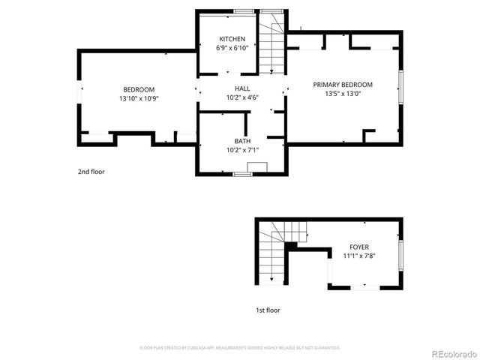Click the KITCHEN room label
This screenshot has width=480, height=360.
pyautogui.click(x=231, y=39)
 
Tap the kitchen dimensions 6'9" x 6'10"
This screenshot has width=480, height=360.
pyautogui.click(x=231, y=48)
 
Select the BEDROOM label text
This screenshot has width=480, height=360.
pyautogui.click(x=139, y=90)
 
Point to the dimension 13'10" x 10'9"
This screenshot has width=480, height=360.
pyautogui.click(x=139, y=99)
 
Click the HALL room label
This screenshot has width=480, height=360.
pyautogui.click(x=242, y=88)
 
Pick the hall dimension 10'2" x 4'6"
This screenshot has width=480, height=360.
pyautogui.click(x=242, y=97)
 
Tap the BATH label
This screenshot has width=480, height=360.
pyautogui.click(x=242, y=141)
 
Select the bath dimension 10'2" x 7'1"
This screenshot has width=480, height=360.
pyautogui.click(x=242, y=150)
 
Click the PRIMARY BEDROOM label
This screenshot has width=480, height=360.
pyautogui.click(x=343, y=85)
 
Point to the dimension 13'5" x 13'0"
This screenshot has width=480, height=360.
pyautogui.click(x=343, y=94)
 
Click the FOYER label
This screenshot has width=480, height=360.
pyautogui.click(x=359, y=247)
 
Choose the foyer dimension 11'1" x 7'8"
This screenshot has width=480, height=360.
pyautogui.click(x=359, y=256)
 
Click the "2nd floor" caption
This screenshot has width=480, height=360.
pyautogui.click(x=91, y=172)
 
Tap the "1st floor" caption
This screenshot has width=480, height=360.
pyautogui.click(x=268, y=310)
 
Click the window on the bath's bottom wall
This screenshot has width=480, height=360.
pyautogui.click(x=241, y=175)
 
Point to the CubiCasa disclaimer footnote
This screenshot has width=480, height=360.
pyautogui.click(x=240, y=348)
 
